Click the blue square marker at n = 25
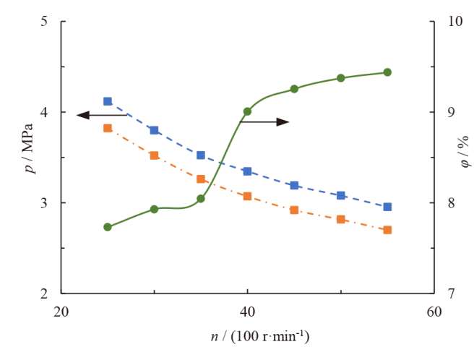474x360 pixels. [x=108, y=101]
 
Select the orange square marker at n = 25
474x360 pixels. [x=108, y=128]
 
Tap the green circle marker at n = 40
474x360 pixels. [x=247, y=111]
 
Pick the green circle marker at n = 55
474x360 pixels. [x=387, y=72]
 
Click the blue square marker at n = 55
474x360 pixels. [x=387, y=207]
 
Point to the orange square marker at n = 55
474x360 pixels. [x=387, y=230]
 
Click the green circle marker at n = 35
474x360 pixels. [x=201, y=199]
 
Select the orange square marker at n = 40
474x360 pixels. [x=247, y=196]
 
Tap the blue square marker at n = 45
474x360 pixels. [x=294, y=186]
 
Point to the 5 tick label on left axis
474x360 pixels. [x=43, y=22]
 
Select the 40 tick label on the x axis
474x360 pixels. [x=247, y=312]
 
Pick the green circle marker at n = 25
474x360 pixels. [x=108, y=227]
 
